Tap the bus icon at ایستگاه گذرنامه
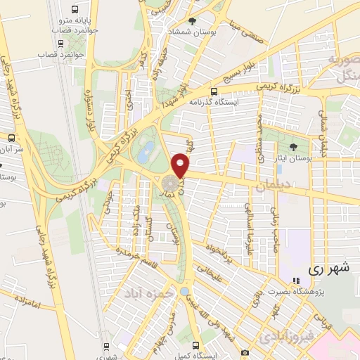(x=214, y=91)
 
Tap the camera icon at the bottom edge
(x=245, y=351)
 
